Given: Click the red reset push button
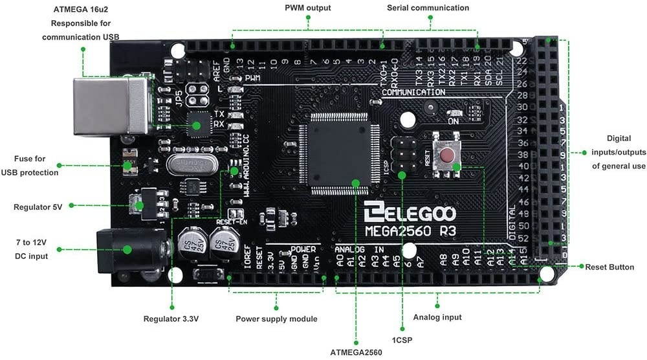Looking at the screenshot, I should point(446,155).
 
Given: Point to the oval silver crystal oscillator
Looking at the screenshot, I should point(189,165).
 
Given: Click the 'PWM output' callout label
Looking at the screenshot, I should point(308,8).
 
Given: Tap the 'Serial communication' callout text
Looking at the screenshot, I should point(428,8).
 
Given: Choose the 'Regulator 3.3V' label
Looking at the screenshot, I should point(171,319).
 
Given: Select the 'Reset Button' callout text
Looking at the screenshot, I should point(610,267).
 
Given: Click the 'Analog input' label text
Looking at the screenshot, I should point(437,317).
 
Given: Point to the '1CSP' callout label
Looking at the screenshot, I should point(402,340).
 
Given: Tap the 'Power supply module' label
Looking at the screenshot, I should point(276,319).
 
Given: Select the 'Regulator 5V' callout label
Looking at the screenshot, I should point(38,207).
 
